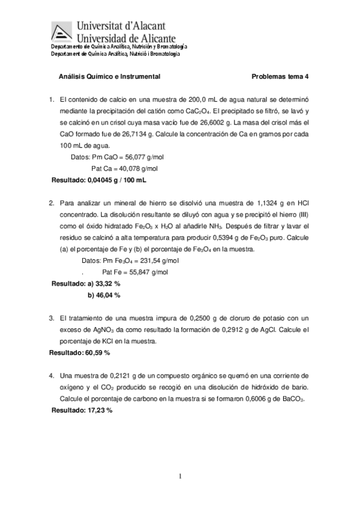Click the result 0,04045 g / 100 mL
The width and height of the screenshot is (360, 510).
click(x=117, y=180)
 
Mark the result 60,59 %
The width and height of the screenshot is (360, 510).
click(x=96, y=353)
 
